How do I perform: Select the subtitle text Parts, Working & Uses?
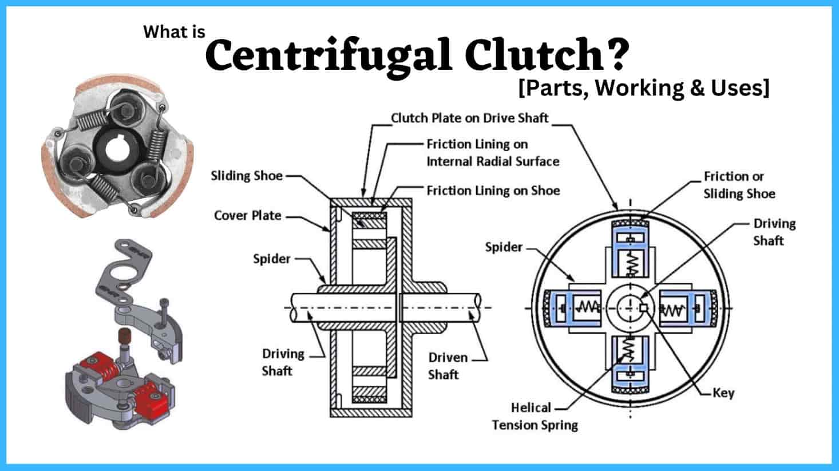point(644,88)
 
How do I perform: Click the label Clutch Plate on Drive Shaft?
point(469,118)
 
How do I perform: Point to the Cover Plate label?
point(247,216)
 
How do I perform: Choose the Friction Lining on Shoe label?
point(493,191)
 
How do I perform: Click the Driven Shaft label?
point(448,366)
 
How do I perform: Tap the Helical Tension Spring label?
point(535,416)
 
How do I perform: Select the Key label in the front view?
point(723,393)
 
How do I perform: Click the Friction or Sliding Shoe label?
point(739,185)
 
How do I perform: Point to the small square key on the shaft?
point(643,308)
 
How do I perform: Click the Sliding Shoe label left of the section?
point(247,176)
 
